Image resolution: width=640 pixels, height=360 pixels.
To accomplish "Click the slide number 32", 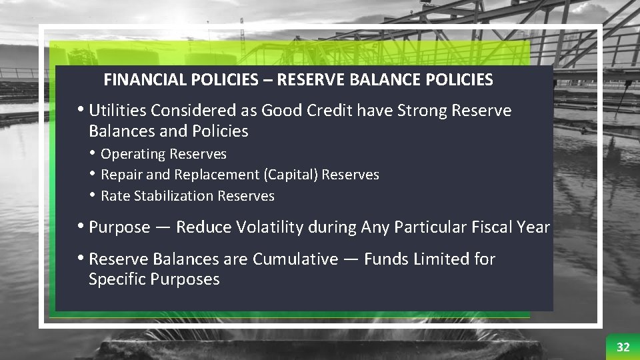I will click(x=623, y=347).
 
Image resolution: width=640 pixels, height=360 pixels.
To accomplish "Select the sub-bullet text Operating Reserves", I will click(x=163, y=154).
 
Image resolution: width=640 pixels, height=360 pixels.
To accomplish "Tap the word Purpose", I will click(x=119, y=227).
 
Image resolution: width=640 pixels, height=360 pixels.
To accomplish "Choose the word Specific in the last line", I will click(x=117, y=279).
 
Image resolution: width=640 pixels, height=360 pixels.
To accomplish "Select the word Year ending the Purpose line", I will click(x=532, y=227).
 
